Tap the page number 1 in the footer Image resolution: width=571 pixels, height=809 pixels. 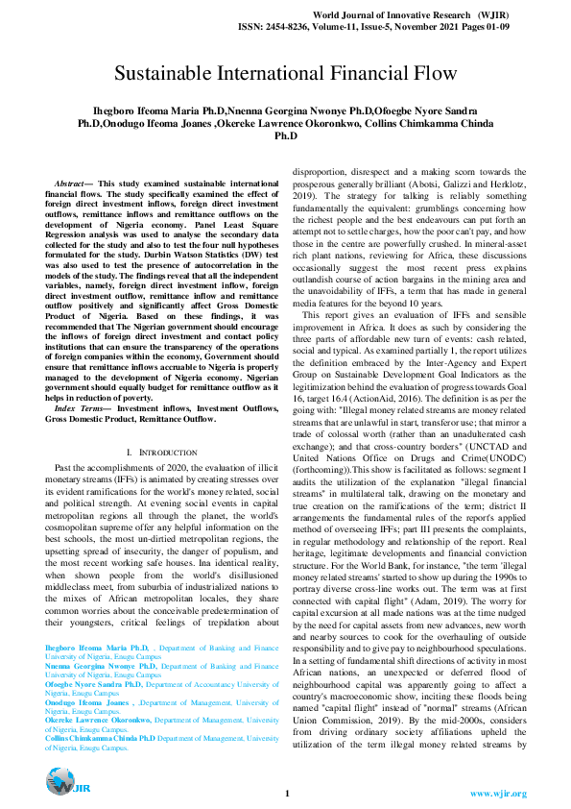tap(286, 794)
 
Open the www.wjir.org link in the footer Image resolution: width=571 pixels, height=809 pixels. tap(498, 794)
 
